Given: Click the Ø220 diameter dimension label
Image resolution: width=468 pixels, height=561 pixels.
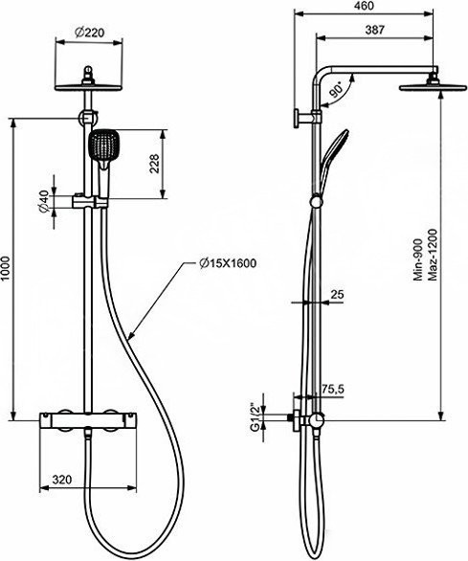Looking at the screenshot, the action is coord(89,33).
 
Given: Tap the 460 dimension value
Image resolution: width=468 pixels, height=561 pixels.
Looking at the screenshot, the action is coord(365,6).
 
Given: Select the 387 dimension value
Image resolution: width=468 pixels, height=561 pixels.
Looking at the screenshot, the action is coord(374,30).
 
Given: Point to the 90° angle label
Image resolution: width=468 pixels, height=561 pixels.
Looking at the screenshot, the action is coord(337,89).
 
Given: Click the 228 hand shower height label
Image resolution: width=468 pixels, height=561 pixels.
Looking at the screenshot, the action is coord(154,164).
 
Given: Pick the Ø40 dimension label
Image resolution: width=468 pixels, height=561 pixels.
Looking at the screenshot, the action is coord(44,202).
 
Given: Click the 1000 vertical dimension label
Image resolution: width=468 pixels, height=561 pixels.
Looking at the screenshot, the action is coord(5,268).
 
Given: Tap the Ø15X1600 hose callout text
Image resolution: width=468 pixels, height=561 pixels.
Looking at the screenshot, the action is coord(229,263).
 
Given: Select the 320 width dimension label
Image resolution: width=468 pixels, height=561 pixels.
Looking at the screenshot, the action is coord(62,479).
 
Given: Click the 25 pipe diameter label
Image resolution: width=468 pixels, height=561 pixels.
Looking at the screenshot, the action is coord(337,295).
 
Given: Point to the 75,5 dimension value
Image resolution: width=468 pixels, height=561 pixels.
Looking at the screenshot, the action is coord(332,389).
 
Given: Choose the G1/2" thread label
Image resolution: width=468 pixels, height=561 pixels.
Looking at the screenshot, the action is coord(255,417).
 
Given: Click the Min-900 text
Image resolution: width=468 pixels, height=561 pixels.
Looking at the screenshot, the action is coord(418,260).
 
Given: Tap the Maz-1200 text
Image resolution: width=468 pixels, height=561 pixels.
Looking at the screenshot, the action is coord(433,255).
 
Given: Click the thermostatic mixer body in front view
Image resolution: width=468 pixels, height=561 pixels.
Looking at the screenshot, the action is coord(88,419).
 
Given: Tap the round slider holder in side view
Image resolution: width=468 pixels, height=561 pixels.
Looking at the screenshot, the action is coord(316,201).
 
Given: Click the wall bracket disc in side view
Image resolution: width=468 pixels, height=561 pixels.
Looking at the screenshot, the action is coord(297,118).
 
